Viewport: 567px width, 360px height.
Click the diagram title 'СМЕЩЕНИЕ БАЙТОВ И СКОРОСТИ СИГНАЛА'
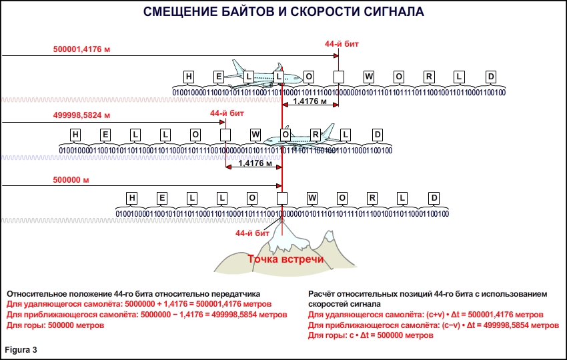283,13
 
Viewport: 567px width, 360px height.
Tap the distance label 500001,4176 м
83,49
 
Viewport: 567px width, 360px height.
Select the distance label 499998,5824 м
83,115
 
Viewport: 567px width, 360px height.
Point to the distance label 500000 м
71,180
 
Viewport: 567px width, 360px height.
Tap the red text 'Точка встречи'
286,259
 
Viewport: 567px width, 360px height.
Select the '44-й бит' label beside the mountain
252,233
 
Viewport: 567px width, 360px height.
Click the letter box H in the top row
189,76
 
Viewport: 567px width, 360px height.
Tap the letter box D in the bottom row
434,198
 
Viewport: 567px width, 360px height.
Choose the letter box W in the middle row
255,134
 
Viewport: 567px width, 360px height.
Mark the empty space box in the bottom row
282,198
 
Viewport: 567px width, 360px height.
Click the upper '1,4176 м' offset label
310,102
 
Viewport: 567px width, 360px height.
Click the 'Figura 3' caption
21,349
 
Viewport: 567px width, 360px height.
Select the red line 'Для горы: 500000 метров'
55,325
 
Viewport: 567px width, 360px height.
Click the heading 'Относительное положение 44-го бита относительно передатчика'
133,293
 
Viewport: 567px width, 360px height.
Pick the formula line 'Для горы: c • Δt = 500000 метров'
371,335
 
